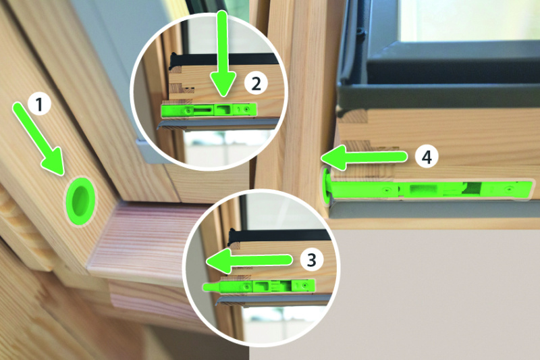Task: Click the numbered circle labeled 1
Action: point(39,104)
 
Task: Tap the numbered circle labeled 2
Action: point(256,84)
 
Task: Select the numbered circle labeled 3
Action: point(311,260)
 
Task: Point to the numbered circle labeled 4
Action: point(427,157)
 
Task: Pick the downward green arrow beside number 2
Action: point(223,53)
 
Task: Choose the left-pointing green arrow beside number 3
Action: point(249,260)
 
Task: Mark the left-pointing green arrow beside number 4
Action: point(364,157)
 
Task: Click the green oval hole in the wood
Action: point(80,201)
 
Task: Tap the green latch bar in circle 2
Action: point(209,110)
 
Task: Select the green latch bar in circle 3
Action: point(259,286)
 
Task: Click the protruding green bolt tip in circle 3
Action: point(211,286)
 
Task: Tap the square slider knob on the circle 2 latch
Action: point(224,109)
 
